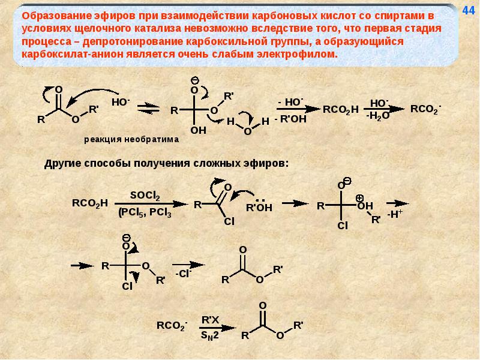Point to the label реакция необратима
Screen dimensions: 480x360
pos(131,138)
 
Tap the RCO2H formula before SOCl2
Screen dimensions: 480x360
pos(89,203)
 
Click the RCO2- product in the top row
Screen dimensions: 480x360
pos(425,109)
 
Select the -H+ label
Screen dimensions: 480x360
pos(395,214)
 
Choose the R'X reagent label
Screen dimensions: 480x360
pos(211,319)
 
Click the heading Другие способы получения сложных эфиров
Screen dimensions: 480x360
pos(167,163)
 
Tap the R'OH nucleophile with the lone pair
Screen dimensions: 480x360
pos(259,207)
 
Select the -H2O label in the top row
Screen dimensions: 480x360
pos(377,116)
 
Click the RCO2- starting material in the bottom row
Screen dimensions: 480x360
pos(172,326)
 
